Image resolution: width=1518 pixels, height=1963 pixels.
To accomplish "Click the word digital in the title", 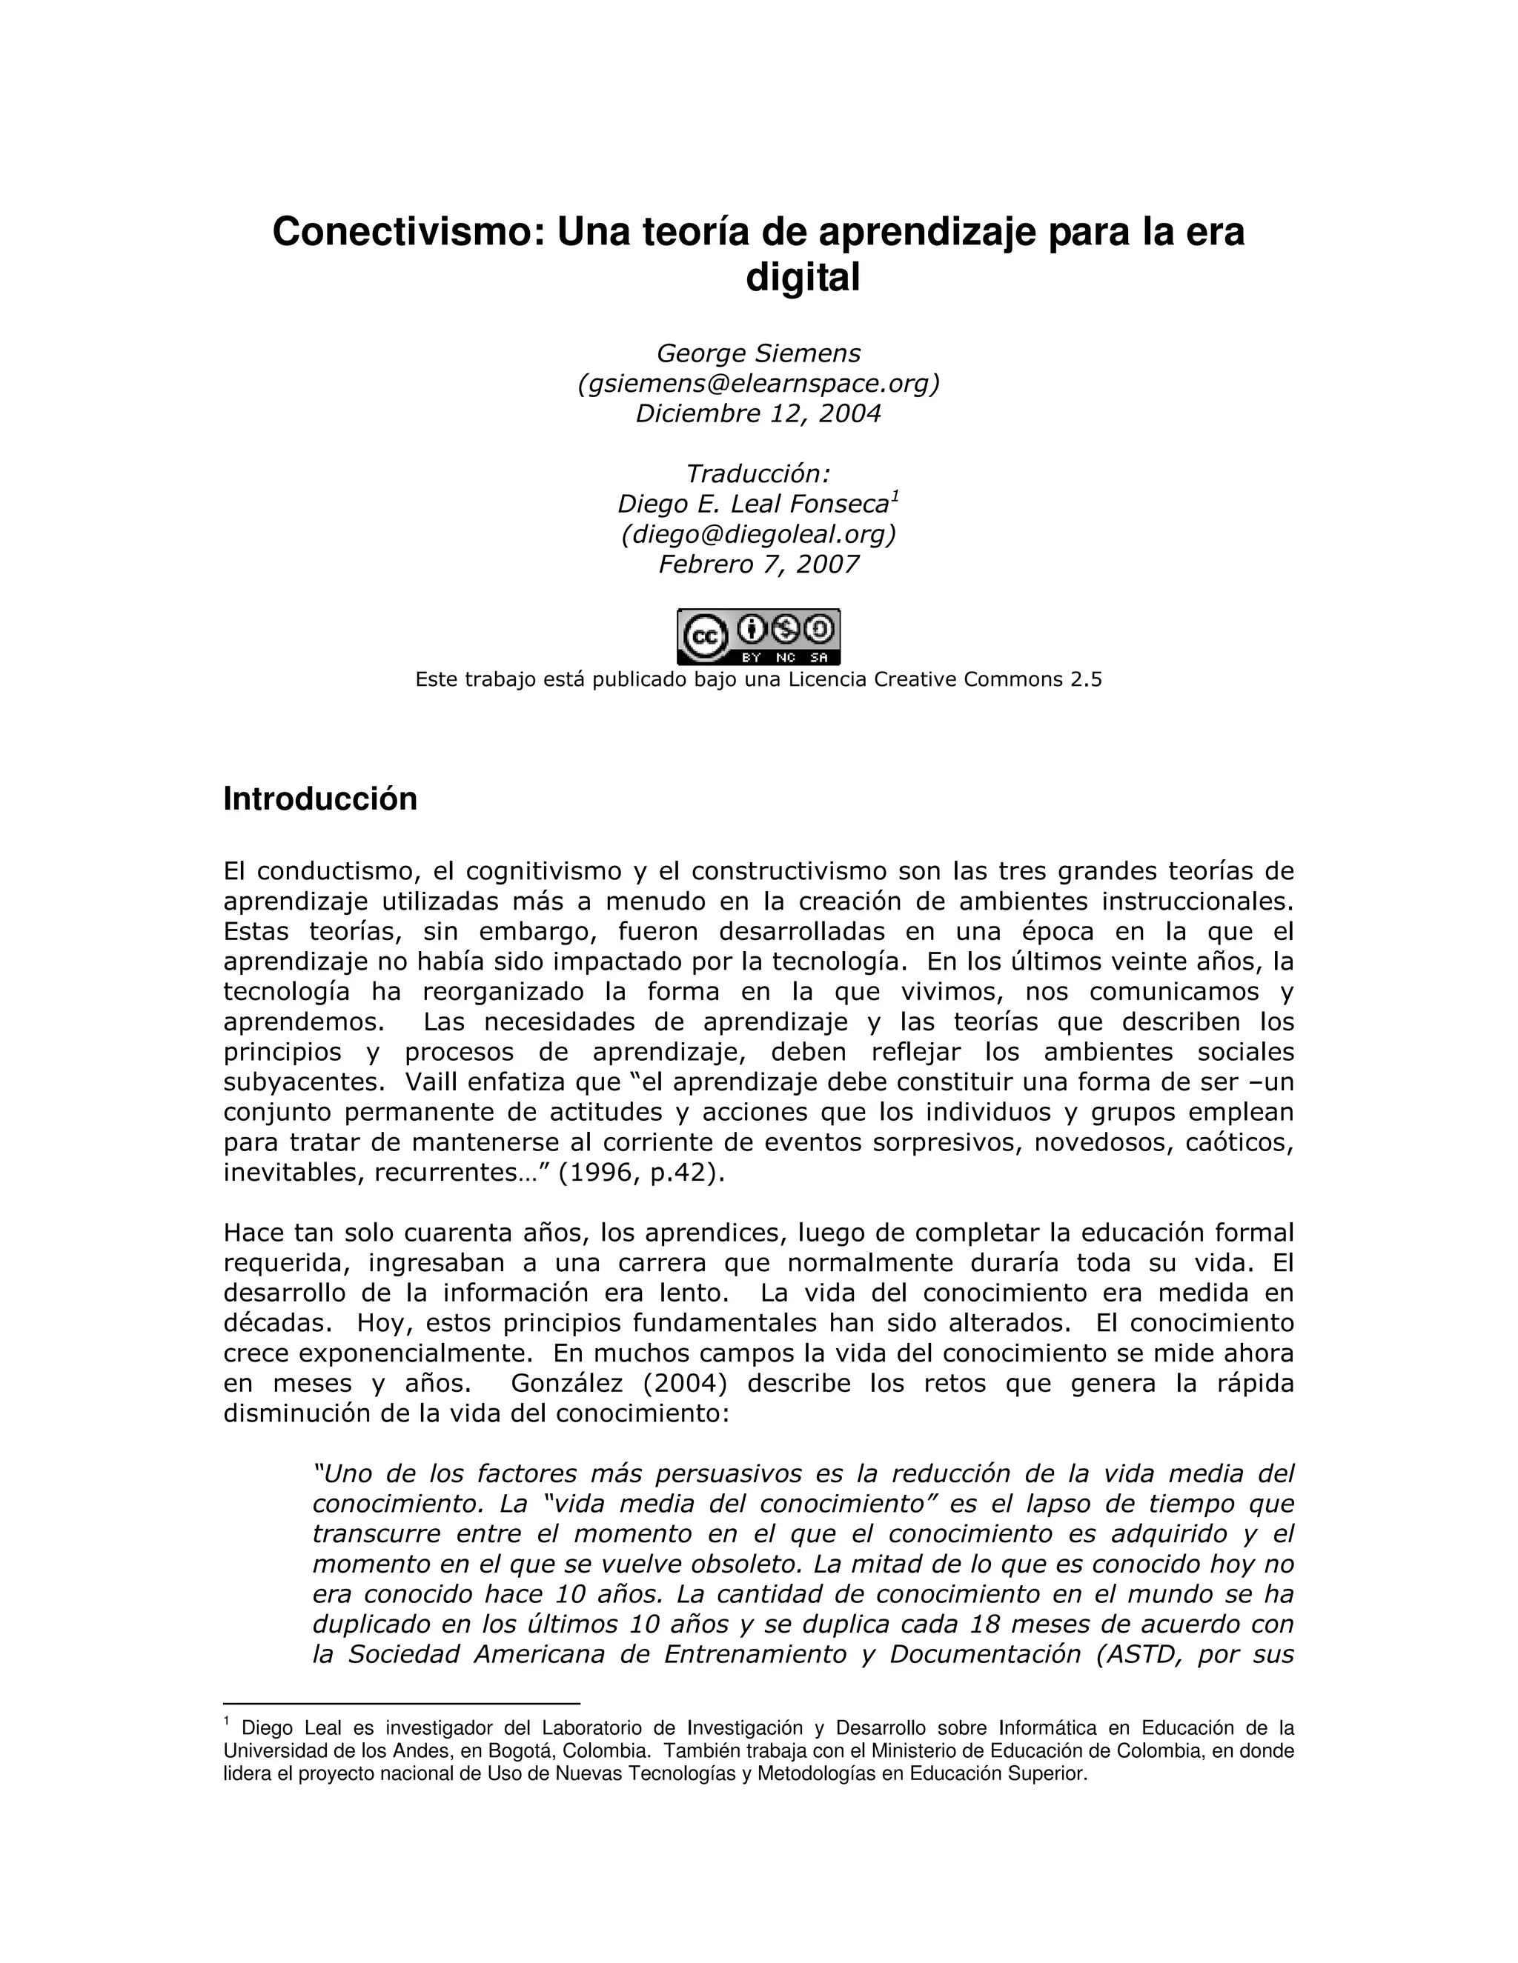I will click(803, 278).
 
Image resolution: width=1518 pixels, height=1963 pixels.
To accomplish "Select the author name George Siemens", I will click(758, 353).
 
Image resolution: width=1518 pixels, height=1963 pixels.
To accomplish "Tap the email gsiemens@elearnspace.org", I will click(758, 384).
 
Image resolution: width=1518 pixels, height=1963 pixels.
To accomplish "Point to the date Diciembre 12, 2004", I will click(758, 413).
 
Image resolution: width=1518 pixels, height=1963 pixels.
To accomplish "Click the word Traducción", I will click(758, 473).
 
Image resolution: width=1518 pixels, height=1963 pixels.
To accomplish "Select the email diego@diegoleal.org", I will click(758, 534).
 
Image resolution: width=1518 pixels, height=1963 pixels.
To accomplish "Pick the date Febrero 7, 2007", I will click(758, 564).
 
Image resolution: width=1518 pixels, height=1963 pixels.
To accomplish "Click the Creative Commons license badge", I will click(758, 636).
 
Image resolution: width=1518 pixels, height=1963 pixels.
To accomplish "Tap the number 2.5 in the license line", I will click(1084, 679).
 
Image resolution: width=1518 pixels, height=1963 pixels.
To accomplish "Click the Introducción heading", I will click(320, 799).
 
